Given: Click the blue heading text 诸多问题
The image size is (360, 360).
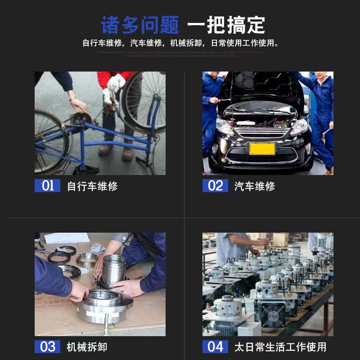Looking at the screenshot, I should (139, 25).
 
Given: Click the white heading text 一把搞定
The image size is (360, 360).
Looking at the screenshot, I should (226, 25).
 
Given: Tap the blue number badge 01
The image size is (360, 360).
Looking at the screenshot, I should (47, 185).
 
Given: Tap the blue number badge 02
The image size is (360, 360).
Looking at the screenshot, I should (215, 185).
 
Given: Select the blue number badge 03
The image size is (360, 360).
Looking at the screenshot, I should (47, 346).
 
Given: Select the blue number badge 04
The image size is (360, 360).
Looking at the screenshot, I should (215, 346).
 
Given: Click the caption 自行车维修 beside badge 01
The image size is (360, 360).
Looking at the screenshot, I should (92, 186).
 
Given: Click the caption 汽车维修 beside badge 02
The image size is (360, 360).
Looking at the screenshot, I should (255, 186).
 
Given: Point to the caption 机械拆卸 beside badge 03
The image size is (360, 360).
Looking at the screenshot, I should (87, 347).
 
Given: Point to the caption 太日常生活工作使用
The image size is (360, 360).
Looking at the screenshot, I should (280, 347).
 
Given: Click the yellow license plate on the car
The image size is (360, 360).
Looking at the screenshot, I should (262, 148).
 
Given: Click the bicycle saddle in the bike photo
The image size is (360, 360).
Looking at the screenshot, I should (81, 118).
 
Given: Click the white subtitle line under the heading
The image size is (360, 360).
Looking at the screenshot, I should (180, 44).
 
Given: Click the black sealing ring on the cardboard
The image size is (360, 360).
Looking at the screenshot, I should (58, 257).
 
